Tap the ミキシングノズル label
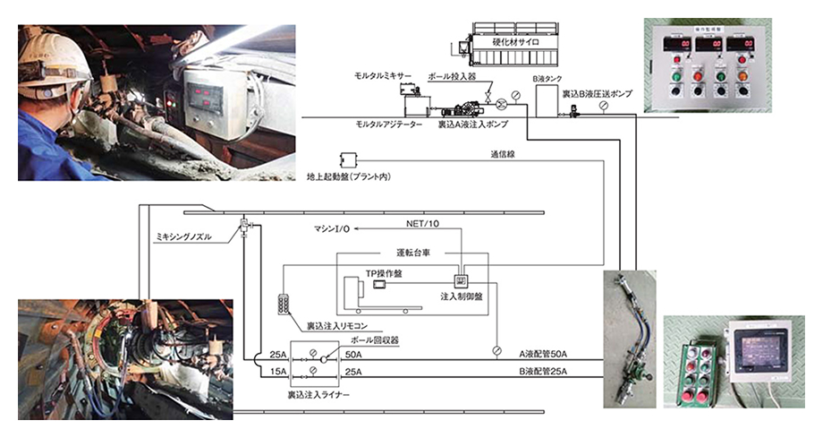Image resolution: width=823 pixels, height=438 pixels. [x=185, y=236]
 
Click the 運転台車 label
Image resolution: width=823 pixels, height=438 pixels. [x=414, y=253]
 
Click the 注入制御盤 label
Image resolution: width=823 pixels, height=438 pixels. [x=462, y=295]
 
